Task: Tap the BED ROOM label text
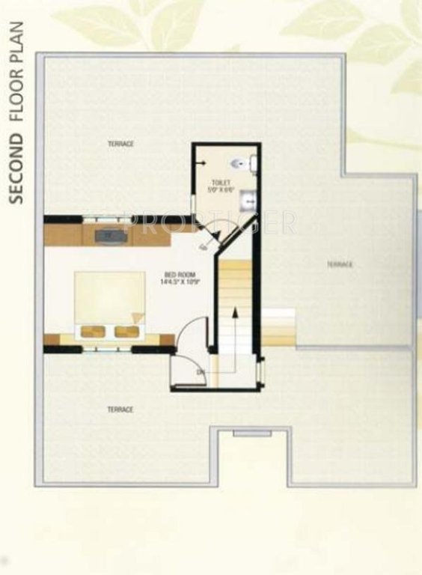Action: (x=177, y=275)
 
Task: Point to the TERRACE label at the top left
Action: (x=120, y=144)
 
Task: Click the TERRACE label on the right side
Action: (x=339, y=264)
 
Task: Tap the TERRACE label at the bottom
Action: (x=120, y=410)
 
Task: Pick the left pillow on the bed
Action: (x=93, y=331)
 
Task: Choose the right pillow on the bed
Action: (x=125, y=331)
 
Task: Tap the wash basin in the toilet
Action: (x=251, y=198)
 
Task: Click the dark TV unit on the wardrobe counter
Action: (x=111, y=235)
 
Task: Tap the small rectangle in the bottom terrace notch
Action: (x=242, y=433)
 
